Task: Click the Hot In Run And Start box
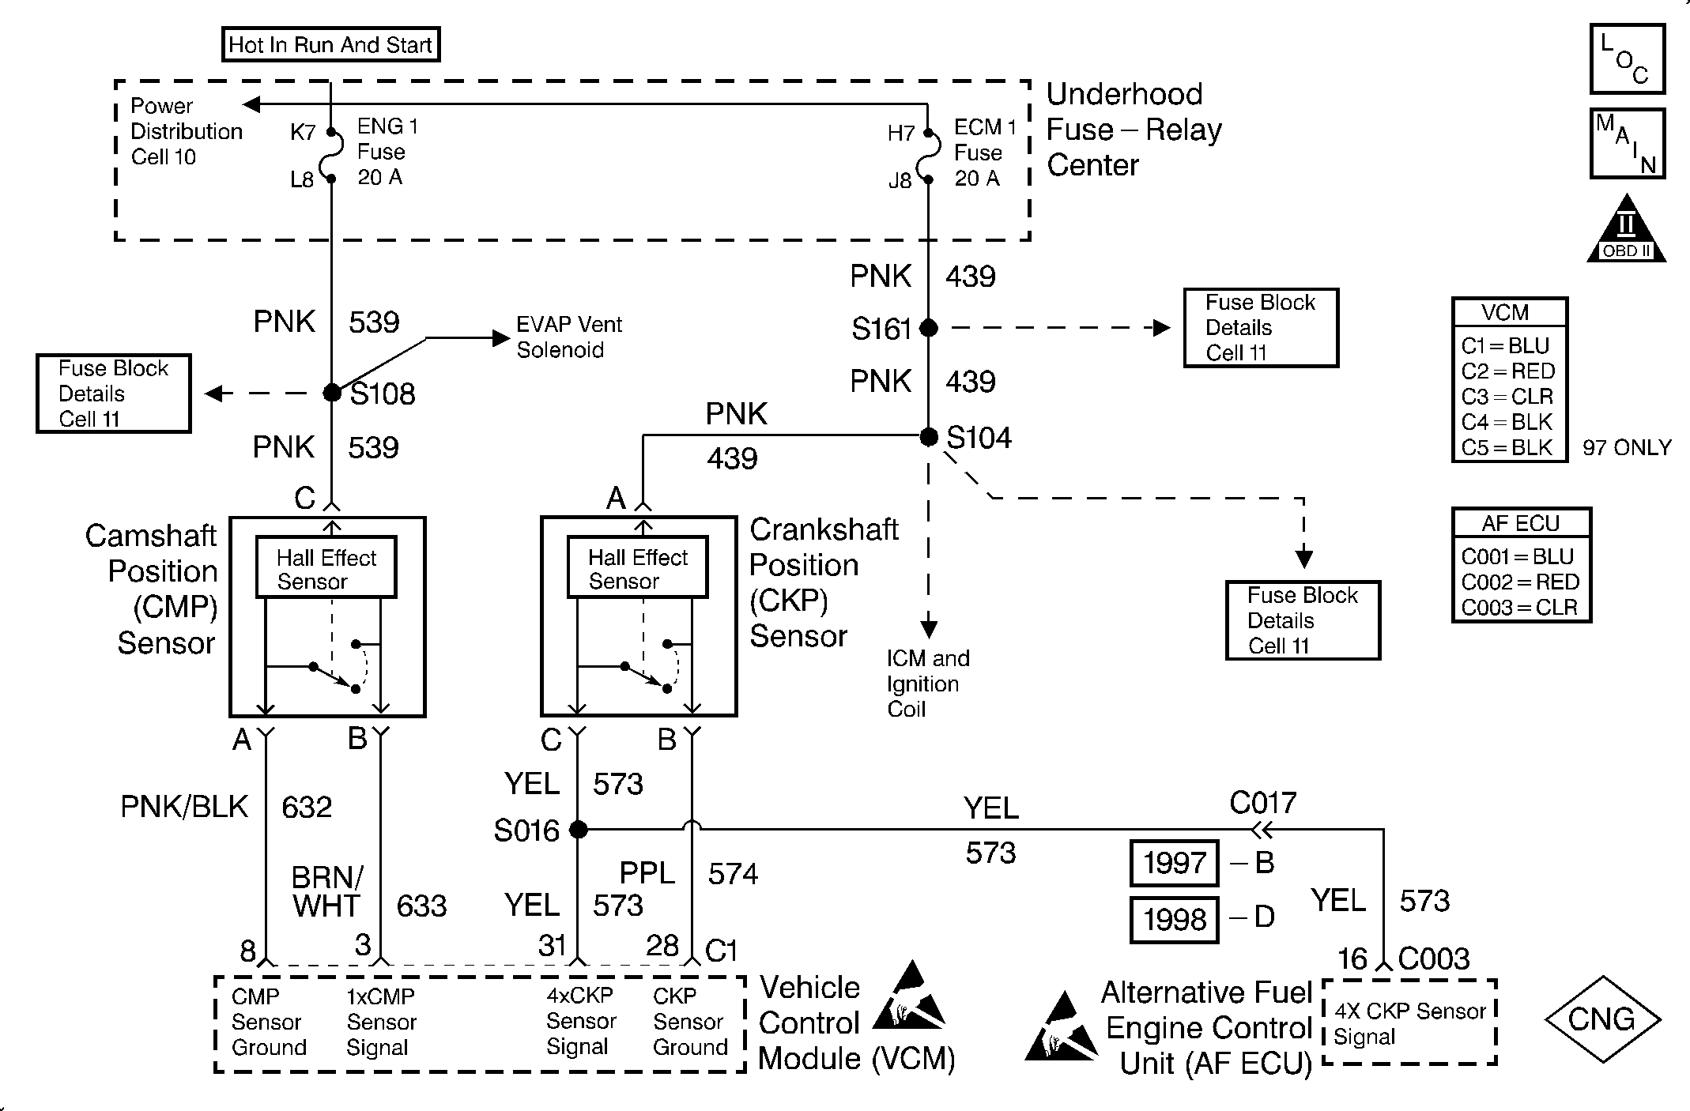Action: click(330, 45)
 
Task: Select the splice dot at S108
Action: click(333, 393)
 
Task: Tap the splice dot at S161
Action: click(929, 328)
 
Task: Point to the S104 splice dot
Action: click(929, 436)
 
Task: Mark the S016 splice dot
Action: click(579, 830)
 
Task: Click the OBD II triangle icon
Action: click(1626, 231)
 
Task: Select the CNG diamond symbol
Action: click(1601, 1019)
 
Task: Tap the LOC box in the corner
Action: click(1627, 59)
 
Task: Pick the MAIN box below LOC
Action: click(1627, 144)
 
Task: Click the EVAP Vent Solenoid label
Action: click(568, 337)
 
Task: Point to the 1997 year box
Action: click(1174, 863)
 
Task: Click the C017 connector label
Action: click(1263, 804)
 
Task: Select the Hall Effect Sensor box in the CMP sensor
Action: click(326, 568)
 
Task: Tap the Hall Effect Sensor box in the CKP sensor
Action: click(637, 568)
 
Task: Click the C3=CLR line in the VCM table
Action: click(1507, 397)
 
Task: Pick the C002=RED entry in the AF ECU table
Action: click(1519, 582)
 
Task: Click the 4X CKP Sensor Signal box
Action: click(1409, 1024)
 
